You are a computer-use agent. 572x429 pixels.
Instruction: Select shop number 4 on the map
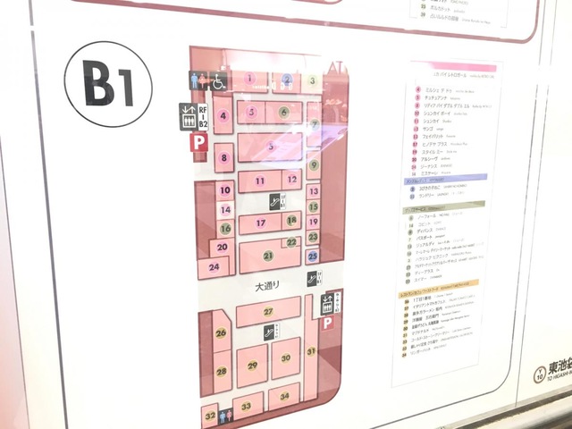(x=223, y=115)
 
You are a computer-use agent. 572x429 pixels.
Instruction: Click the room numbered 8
(x=225, y=158)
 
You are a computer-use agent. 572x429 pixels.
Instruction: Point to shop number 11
(x=259, y=181)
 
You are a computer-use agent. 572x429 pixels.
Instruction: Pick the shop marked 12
(x=291, y=181)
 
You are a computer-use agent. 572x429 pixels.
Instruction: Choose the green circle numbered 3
(x=312, y=80)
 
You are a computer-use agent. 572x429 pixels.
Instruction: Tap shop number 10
(x=226, y=189)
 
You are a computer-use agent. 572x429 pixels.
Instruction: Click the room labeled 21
(x=267, y=256)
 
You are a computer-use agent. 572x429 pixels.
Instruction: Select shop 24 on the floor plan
(x=214, y=265)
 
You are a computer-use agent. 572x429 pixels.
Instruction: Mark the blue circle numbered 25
(x=313, y=256)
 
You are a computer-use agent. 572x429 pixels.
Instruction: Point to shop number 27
(x=267, y=311)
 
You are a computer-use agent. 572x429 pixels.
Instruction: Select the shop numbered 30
(x=285, y=357)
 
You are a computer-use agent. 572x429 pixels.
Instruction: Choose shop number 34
(x=284, y=395)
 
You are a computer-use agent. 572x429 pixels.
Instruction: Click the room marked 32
(x=209, y=416)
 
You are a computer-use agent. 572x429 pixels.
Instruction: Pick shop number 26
(x=221, y=332)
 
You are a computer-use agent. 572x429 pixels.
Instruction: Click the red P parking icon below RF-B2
(x=197, y=141)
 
